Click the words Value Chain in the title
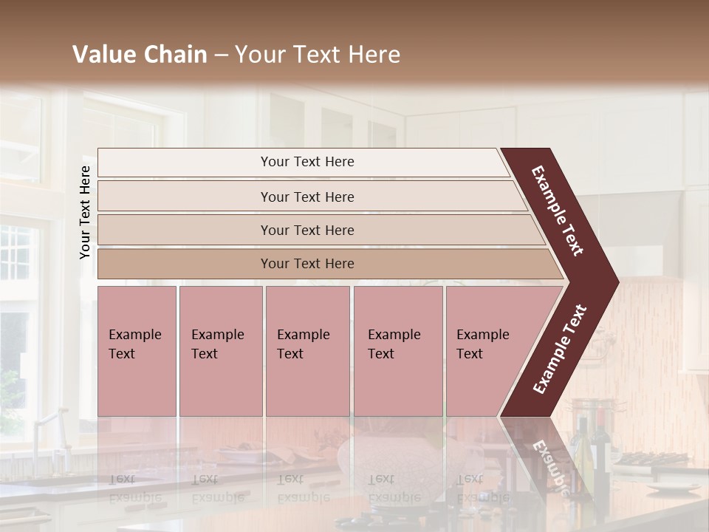tap(140, 55)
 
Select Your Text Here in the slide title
tap(318, 55)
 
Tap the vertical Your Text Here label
tap(85, 212)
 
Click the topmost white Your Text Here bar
tap(306, 162)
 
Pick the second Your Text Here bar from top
tap(306, 197)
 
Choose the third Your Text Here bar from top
tap(306, 230)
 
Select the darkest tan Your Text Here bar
tap(306, 264)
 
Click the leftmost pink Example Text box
tap(137, 351)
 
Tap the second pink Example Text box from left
tap(220, 351)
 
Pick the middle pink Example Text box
tap(307, 351)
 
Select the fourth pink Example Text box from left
tap(397, 351)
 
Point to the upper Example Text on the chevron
tap(558, 211)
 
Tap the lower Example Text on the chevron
tap(560, 349)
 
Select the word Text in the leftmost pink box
tap(122, 354)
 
